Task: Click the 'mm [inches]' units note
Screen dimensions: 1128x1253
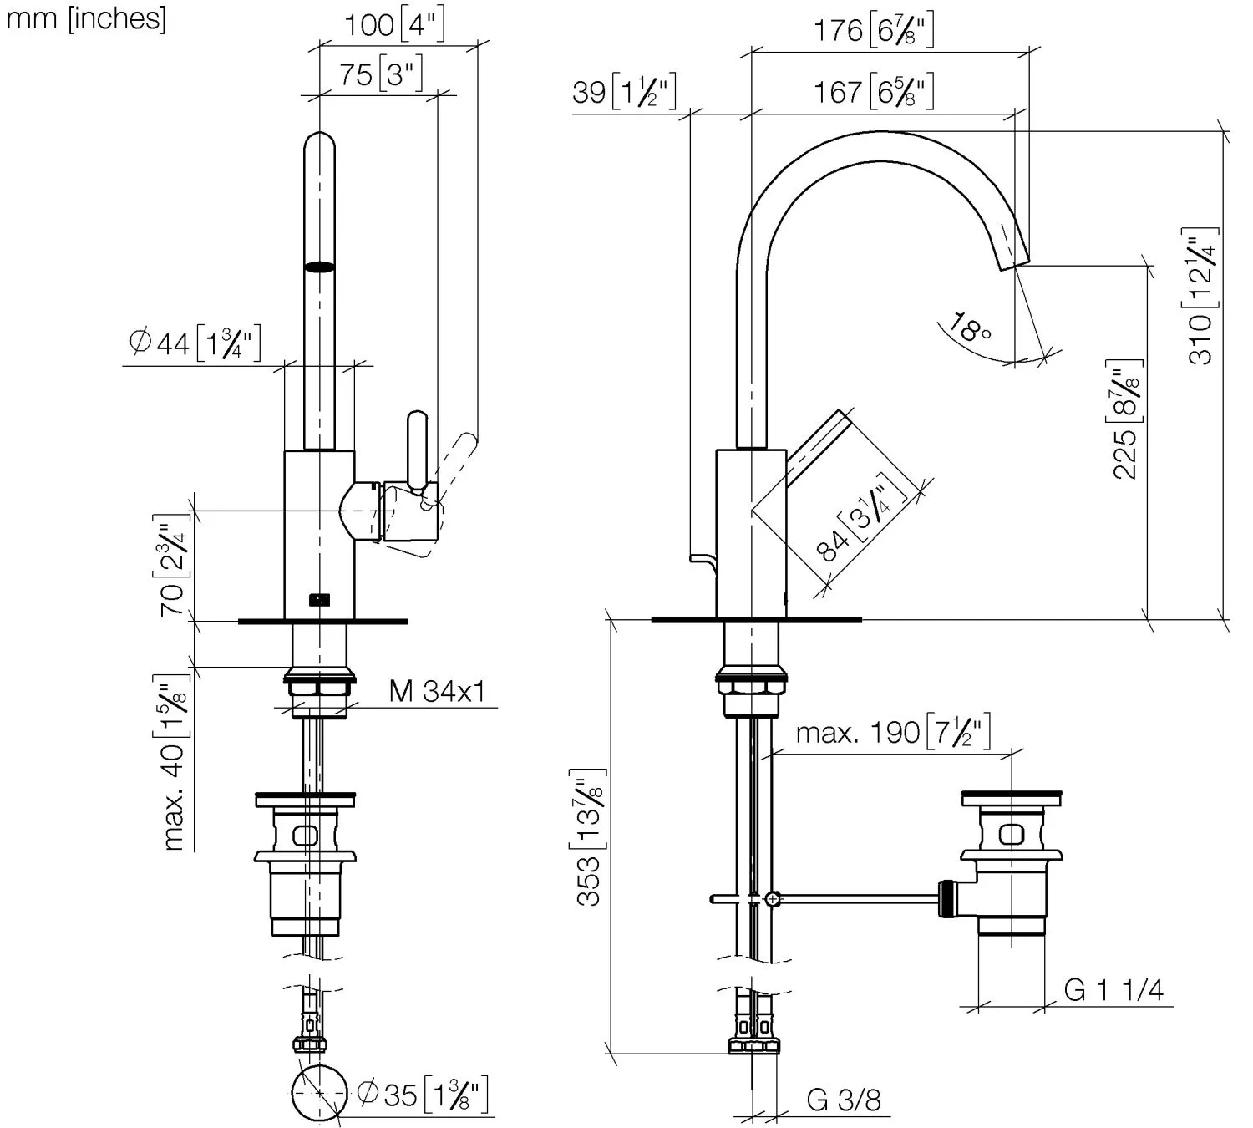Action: (x=86, y=19)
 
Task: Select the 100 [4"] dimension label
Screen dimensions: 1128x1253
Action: (x=394, y=25)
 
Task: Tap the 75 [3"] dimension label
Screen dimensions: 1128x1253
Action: (x=381, y=74)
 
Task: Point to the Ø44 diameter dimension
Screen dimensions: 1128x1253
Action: (x=197, y=343)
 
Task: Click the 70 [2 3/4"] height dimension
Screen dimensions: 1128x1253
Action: (x=172, y=568)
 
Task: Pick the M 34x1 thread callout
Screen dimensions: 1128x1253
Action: (x=437, y=692)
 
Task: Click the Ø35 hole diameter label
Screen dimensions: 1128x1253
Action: (x=421, y=1095)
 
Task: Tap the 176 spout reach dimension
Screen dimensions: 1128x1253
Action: (x=873, y=31)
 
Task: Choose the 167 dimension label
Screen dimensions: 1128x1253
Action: (x=873, y=91)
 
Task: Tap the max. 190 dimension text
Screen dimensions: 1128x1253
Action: (x=893, y=733)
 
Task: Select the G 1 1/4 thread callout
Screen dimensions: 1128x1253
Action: (x=1113, y=990)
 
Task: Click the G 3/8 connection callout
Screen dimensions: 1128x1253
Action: (x=844, y=1100)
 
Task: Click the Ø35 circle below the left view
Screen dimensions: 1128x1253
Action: (x=319, y=1092)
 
